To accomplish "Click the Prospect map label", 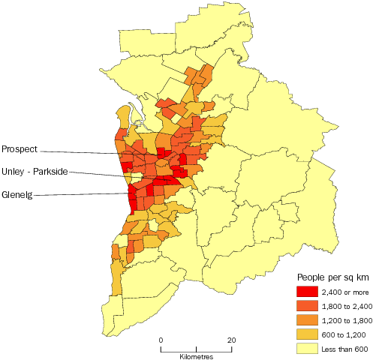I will click(20, 148).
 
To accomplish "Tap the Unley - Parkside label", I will click(35, 172).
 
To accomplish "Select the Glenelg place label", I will click(18, 196).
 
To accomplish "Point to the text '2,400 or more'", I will click(345, 292).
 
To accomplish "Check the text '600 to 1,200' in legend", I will click(344, 334).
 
